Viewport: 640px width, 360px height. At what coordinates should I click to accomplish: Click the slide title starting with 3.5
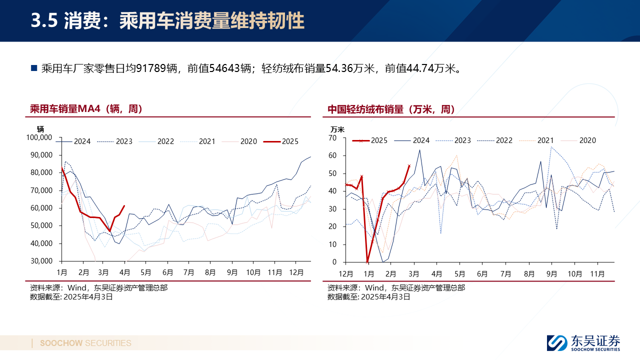coord(167,21)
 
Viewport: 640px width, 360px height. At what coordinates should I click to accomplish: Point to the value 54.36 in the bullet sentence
coord(339,68)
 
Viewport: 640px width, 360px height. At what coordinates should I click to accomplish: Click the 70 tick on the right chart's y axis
coord(332,137)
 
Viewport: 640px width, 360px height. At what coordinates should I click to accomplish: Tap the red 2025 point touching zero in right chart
coord(367,261)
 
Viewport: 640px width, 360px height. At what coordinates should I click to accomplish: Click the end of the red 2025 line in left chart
coord(124,206)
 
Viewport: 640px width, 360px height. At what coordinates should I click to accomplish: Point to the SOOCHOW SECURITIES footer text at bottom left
coord(85,343)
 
